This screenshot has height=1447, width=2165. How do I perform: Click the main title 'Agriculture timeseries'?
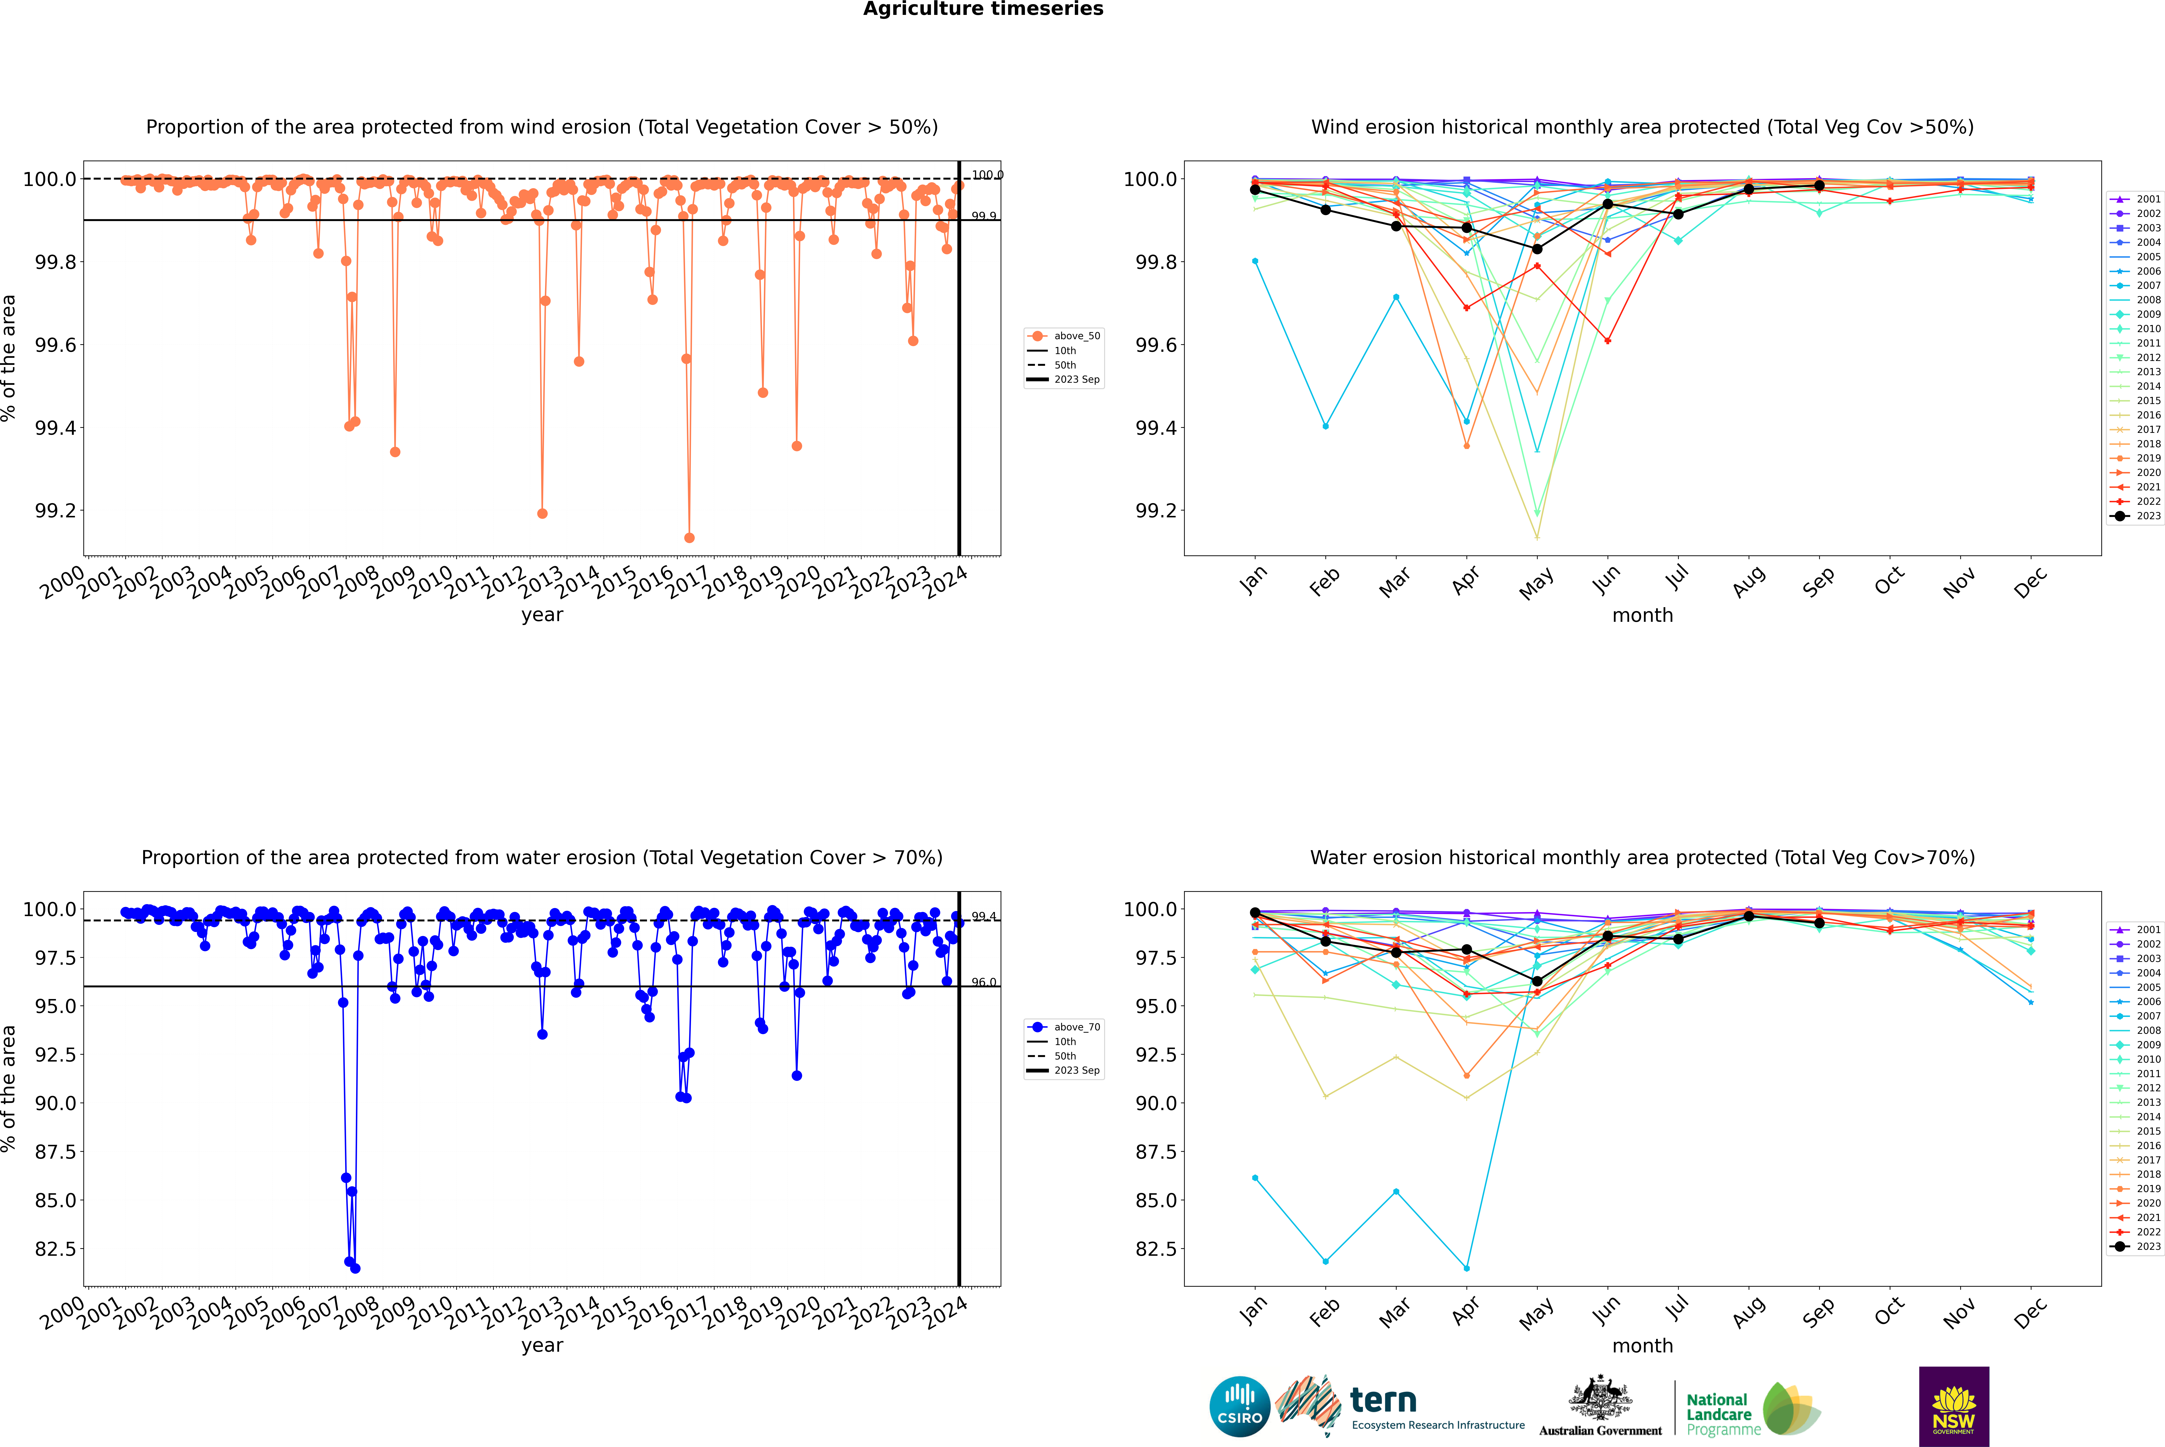pos(983,9)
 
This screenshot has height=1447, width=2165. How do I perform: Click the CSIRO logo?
pos(1239,1406)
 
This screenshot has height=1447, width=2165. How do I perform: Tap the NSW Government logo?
pos(1954,1406)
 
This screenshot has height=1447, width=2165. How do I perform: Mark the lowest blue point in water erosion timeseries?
pos(355,1268)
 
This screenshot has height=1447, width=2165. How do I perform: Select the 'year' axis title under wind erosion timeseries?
pos(542,615)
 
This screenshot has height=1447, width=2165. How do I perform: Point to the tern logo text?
pos(1382,1400)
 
